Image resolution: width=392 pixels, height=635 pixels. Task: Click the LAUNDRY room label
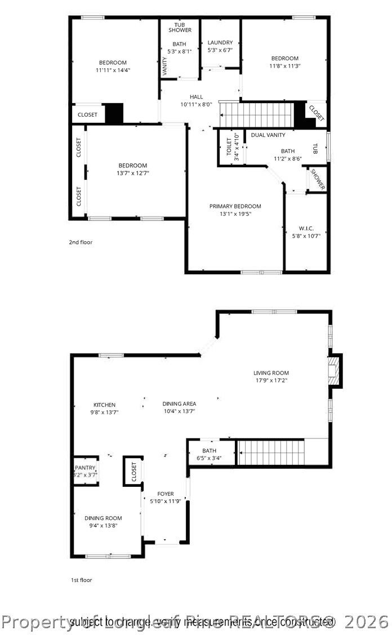(x=220, y=42)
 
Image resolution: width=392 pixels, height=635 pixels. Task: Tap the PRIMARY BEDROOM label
(x=235, y=206)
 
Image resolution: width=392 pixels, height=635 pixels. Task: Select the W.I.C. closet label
(x=306, y=228)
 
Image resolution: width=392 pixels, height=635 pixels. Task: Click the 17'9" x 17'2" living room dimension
(x=271, y=380)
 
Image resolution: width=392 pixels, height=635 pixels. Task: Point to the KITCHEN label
(x=104, y=405)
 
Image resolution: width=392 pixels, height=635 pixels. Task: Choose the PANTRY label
(x=86, y=468)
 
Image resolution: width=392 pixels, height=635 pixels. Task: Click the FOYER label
(x=165, y=494)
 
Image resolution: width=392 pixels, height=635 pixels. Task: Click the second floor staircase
(x=257, y=115)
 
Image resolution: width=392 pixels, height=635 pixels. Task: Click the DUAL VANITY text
(x=268, y=135)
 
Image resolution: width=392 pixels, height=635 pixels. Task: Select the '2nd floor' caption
(x=81, y=242)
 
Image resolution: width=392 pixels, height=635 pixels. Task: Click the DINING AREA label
(x=179, y=403)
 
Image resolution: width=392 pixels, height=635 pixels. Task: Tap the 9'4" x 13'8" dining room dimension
(x=103, y=526)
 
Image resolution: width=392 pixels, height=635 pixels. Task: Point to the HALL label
(x=196, y=96)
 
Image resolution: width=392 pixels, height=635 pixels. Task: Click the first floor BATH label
(x=210, y=450)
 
